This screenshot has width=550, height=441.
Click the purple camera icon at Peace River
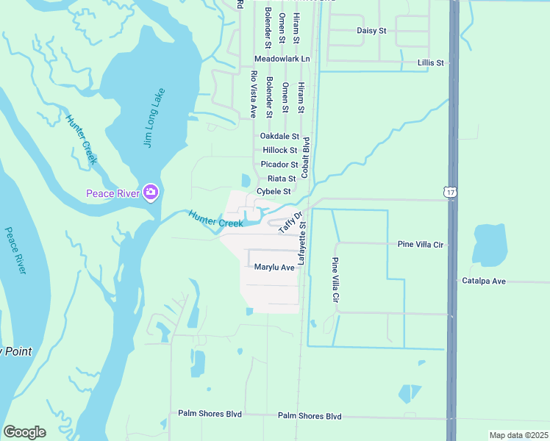point(151,193)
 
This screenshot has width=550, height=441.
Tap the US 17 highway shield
point(450,192)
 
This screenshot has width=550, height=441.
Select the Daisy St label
point(371,31)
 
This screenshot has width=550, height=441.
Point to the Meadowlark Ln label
point(282,59)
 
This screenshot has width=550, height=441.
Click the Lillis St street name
point(430,63)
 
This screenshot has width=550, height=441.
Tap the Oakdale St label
point(279,137)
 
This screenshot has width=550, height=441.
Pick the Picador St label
point(279,165)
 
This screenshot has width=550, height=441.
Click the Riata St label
point(282,179)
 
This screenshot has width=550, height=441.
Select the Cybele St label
point(274,192)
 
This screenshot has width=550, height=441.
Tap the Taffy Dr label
point(291,223)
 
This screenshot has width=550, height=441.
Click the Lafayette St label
point(301,245)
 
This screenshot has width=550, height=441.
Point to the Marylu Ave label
point(274,268)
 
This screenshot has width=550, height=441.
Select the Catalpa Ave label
point(484,281)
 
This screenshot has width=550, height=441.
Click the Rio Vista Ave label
point(253,94)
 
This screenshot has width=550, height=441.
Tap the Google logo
point(24,432)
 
